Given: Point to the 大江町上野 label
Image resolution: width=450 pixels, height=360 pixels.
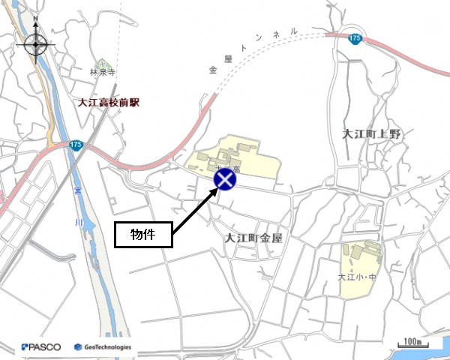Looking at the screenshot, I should click(x=371, y=134).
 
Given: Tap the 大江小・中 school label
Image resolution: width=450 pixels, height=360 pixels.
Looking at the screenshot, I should click(x=355, y=278).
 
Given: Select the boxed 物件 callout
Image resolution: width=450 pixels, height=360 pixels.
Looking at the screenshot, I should click(x=143, y=234).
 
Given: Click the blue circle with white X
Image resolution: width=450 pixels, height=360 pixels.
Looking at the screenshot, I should click(x=225, y=180).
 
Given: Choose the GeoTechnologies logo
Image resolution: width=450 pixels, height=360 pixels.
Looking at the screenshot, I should click(x=103, y=347).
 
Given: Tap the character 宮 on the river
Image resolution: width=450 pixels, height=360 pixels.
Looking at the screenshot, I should click(x=78, y=193).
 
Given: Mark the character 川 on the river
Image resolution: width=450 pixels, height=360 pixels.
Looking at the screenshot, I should click(x=88, y=222).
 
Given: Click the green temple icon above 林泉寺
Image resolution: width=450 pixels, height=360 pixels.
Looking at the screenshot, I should click(x=104, y=64).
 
